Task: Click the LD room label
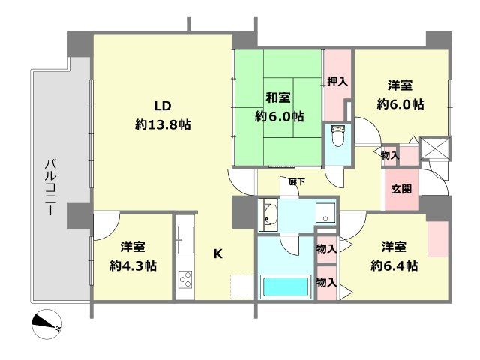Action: [x=162, y=106]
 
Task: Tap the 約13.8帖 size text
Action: [x=163, y=124]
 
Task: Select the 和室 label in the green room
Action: [x=279, y=97]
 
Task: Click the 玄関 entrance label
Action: [x=400, y=189]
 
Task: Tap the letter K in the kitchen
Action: [x=217, y=253]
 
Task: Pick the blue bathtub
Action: [x=285, y=286]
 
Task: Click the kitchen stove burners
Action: [x=184, y=282]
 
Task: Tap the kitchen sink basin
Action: [x=184, y=243]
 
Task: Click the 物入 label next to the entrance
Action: [x=389, y=155]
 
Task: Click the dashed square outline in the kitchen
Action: [x=242, y=287]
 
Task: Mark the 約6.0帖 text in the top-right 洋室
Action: [x=400, y=104]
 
